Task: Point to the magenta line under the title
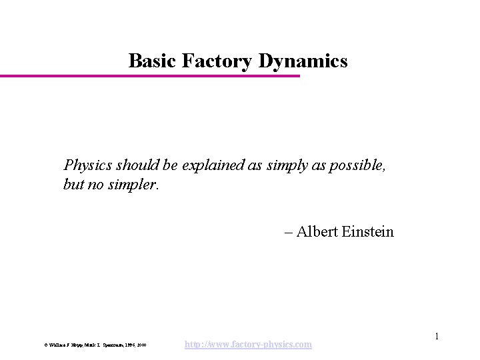150,76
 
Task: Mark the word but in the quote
73,183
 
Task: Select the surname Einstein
369,232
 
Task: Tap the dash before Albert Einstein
288,232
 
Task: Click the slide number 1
437,336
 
